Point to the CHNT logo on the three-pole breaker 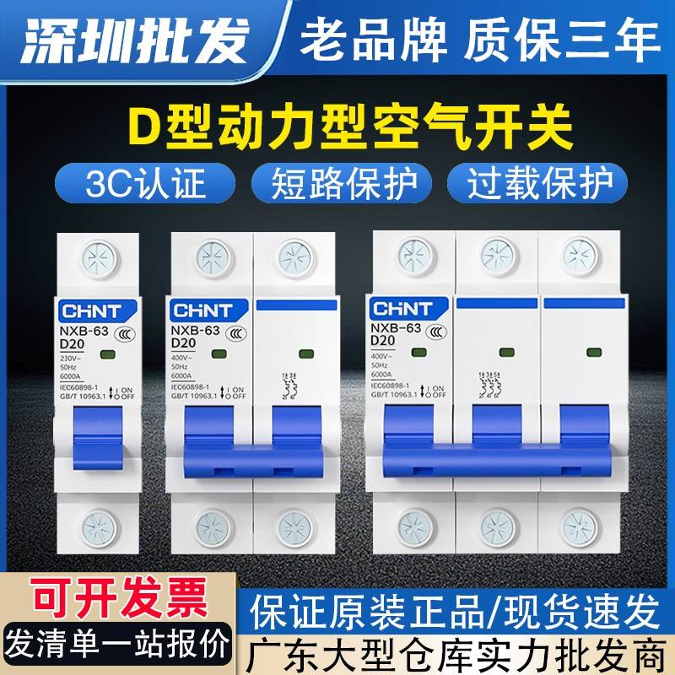point(401,307)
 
